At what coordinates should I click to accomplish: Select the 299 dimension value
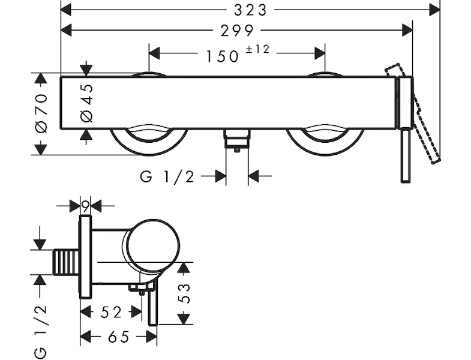[x=237, y=30]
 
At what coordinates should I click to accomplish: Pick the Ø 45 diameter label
[x=88, y=101]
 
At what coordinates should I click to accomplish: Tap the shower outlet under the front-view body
[x=237, y=140]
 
